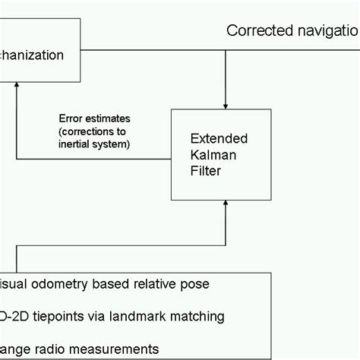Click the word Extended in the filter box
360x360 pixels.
(x=216, y=139)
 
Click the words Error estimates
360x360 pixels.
(x=94, y=118)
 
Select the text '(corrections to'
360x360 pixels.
(x=94, y=131)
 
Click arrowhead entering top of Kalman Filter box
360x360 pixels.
(x=226, y=103)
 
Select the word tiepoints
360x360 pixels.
(x=56, y=316)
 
